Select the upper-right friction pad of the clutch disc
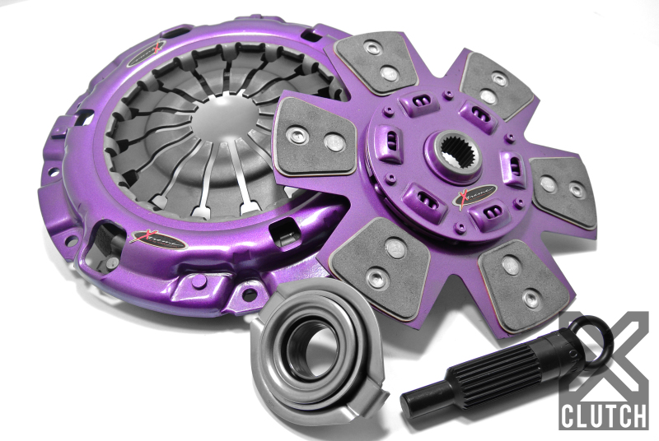497,86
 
